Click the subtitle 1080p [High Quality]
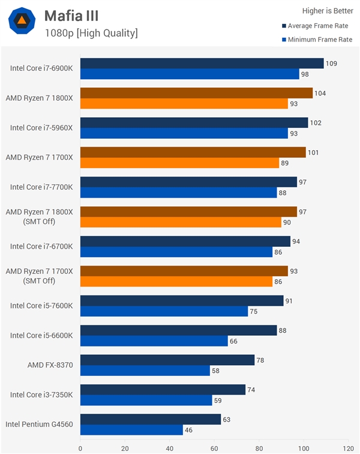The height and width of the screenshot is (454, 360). (x=91, y=33)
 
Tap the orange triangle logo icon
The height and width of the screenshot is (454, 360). (x=22, y=22)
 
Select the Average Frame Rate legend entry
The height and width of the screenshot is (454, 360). (x=316, y=26)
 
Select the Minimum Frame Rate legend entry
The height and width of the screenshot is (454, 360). (x=316, y=40)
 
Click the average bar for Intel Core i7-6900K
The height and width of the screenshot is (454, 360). (x=202, y=63)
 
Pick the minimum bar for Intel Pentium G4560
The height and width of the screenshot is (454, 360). (x=131, y=430)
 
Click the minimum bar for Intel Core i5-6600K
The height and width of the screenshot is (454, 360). (x=154, y=341)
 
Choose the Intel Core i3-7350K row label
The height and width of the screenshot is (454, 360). (x=41, y=395)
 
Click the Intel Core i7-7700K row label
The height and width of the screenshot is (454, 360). (x=41, y=187)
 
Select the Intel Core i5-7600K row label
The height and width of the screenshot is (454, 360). (x=41, y=306)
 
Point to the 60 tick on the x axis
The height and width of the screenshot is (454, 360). (x=214, y=447)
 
